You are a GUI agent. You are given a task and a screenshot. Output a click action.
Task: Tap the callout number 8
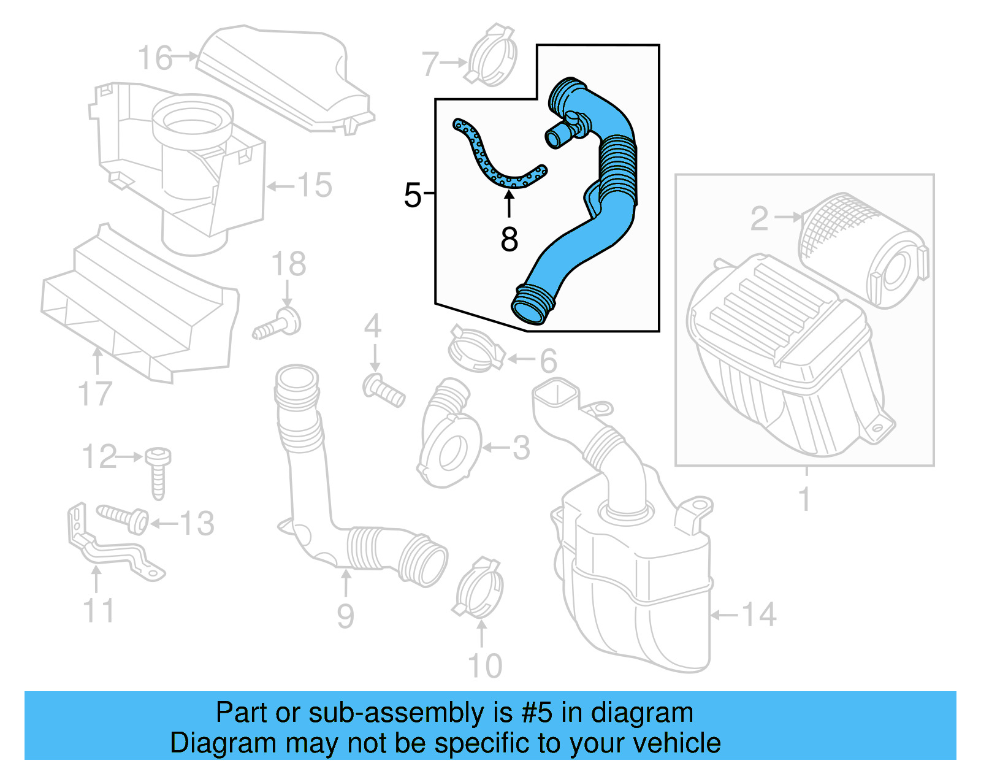tap(509, 239)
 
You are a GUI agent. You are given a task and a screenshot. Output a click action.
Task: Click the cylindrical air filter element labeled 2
tap(861, 248)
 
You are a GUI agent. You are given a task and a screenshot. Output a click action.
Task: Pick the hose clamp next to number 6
tap(475, 350)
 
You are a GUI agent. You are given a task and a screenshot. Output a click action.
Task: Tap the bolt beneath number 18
tap(279, 324)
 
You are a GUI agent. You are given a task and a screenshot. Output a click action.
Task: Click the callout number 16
tap(155, 58)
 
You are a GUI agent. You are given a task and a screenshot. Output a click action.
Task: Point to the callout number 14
tap(759, 614)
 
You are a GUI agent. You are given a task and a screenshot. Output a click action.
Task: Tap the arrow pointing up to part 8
tap(509, 204)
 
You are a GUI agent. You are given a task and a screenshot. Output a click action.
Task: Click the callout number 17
tap(96, 394)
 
